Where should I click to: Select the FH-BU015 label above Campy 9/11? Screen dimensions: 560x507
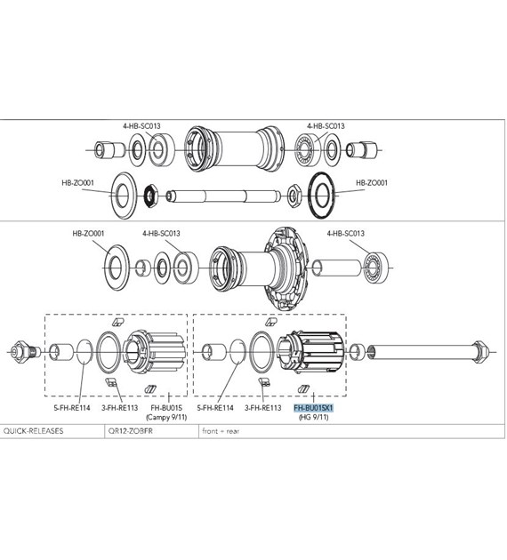165,407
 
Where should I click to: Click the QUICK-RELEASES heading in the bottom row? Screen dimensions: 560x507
33,431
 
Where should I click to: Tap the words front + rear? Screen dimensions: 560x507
221,431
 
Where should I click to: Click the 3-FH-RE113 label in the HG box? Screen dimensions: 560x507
264,407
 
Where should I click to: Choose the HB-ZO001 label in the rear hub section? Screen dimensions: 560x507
88,234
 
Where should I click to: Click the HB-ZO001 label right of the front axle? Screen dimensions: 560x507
373,183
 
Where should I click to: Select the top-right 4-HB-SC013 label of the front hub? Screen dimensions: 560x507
326,126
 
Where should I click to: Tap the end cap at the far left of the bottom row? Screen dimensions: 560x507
21,350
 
